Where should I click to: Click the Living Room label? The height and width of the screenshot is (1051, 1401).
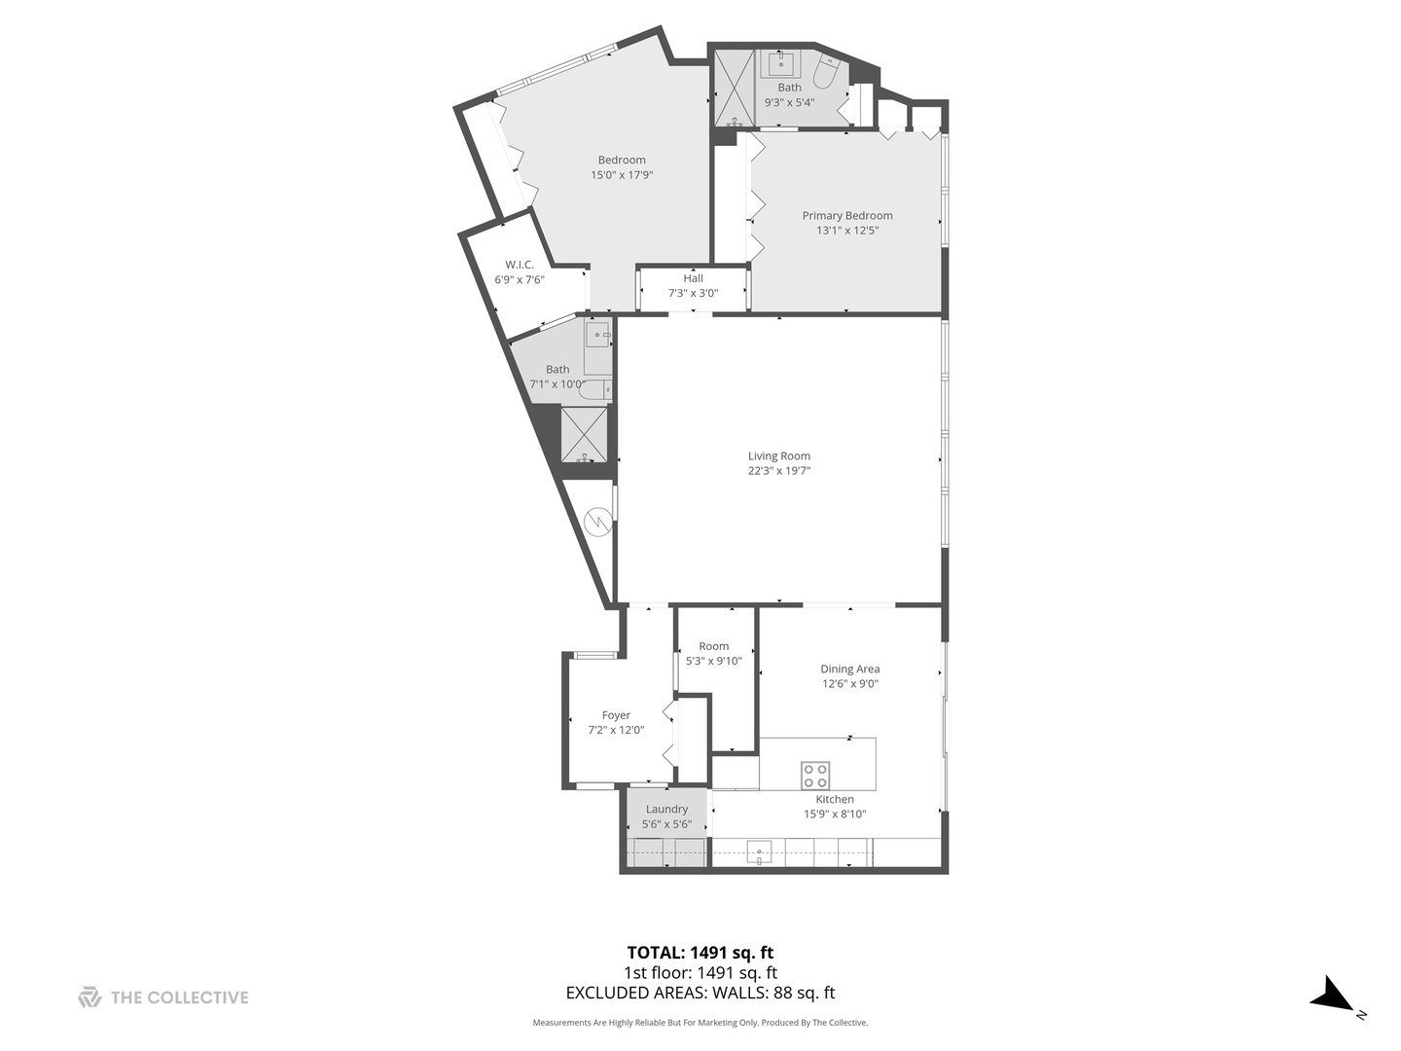778,455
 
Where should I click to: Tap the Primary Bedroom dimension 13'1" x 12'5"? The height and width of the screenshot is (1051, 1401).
846,231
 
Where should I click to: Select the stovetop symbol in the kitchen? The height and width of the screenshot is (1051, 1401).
815,776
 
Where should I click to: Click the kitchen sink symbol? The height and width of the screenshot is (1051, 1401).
759,852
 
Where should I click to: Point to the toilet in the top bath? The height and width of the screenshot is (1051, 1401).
826,73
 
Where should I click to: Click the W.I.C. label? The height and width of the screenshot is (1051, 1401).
519,265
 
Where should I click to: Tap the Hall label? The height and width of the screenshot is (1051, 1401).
693,278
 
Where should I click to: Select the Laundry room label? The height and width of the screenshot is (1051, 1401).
666,809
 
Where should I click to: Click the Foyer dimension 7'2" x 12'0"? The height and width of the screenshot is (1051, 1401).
616,730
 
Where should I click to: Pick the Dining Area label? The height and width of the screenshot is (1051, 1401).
849,669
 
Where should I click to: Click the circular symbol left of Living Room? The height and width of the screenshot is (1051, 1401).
597,524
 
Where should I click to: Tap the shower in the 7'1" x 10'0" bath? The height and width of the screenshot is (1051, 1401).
584,434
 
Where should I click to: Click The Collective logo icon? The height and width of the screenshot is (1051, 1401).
90,997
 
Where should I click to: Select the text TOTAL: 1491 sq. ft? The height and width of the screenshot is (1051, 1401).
700,953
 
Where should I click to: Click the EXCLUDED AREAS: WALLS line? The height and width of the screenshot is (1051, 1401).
700,994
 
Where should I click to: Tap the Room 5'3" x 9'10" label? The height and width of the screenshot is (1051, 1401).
713,646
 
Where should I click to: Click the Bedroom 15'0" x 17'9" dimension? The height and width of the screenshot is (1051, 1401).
621,175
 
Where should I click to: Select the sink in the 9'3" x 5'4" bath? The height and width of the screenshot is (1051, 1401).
780,64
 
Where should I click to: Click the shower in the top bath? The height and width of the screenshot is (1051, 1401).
735,88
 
